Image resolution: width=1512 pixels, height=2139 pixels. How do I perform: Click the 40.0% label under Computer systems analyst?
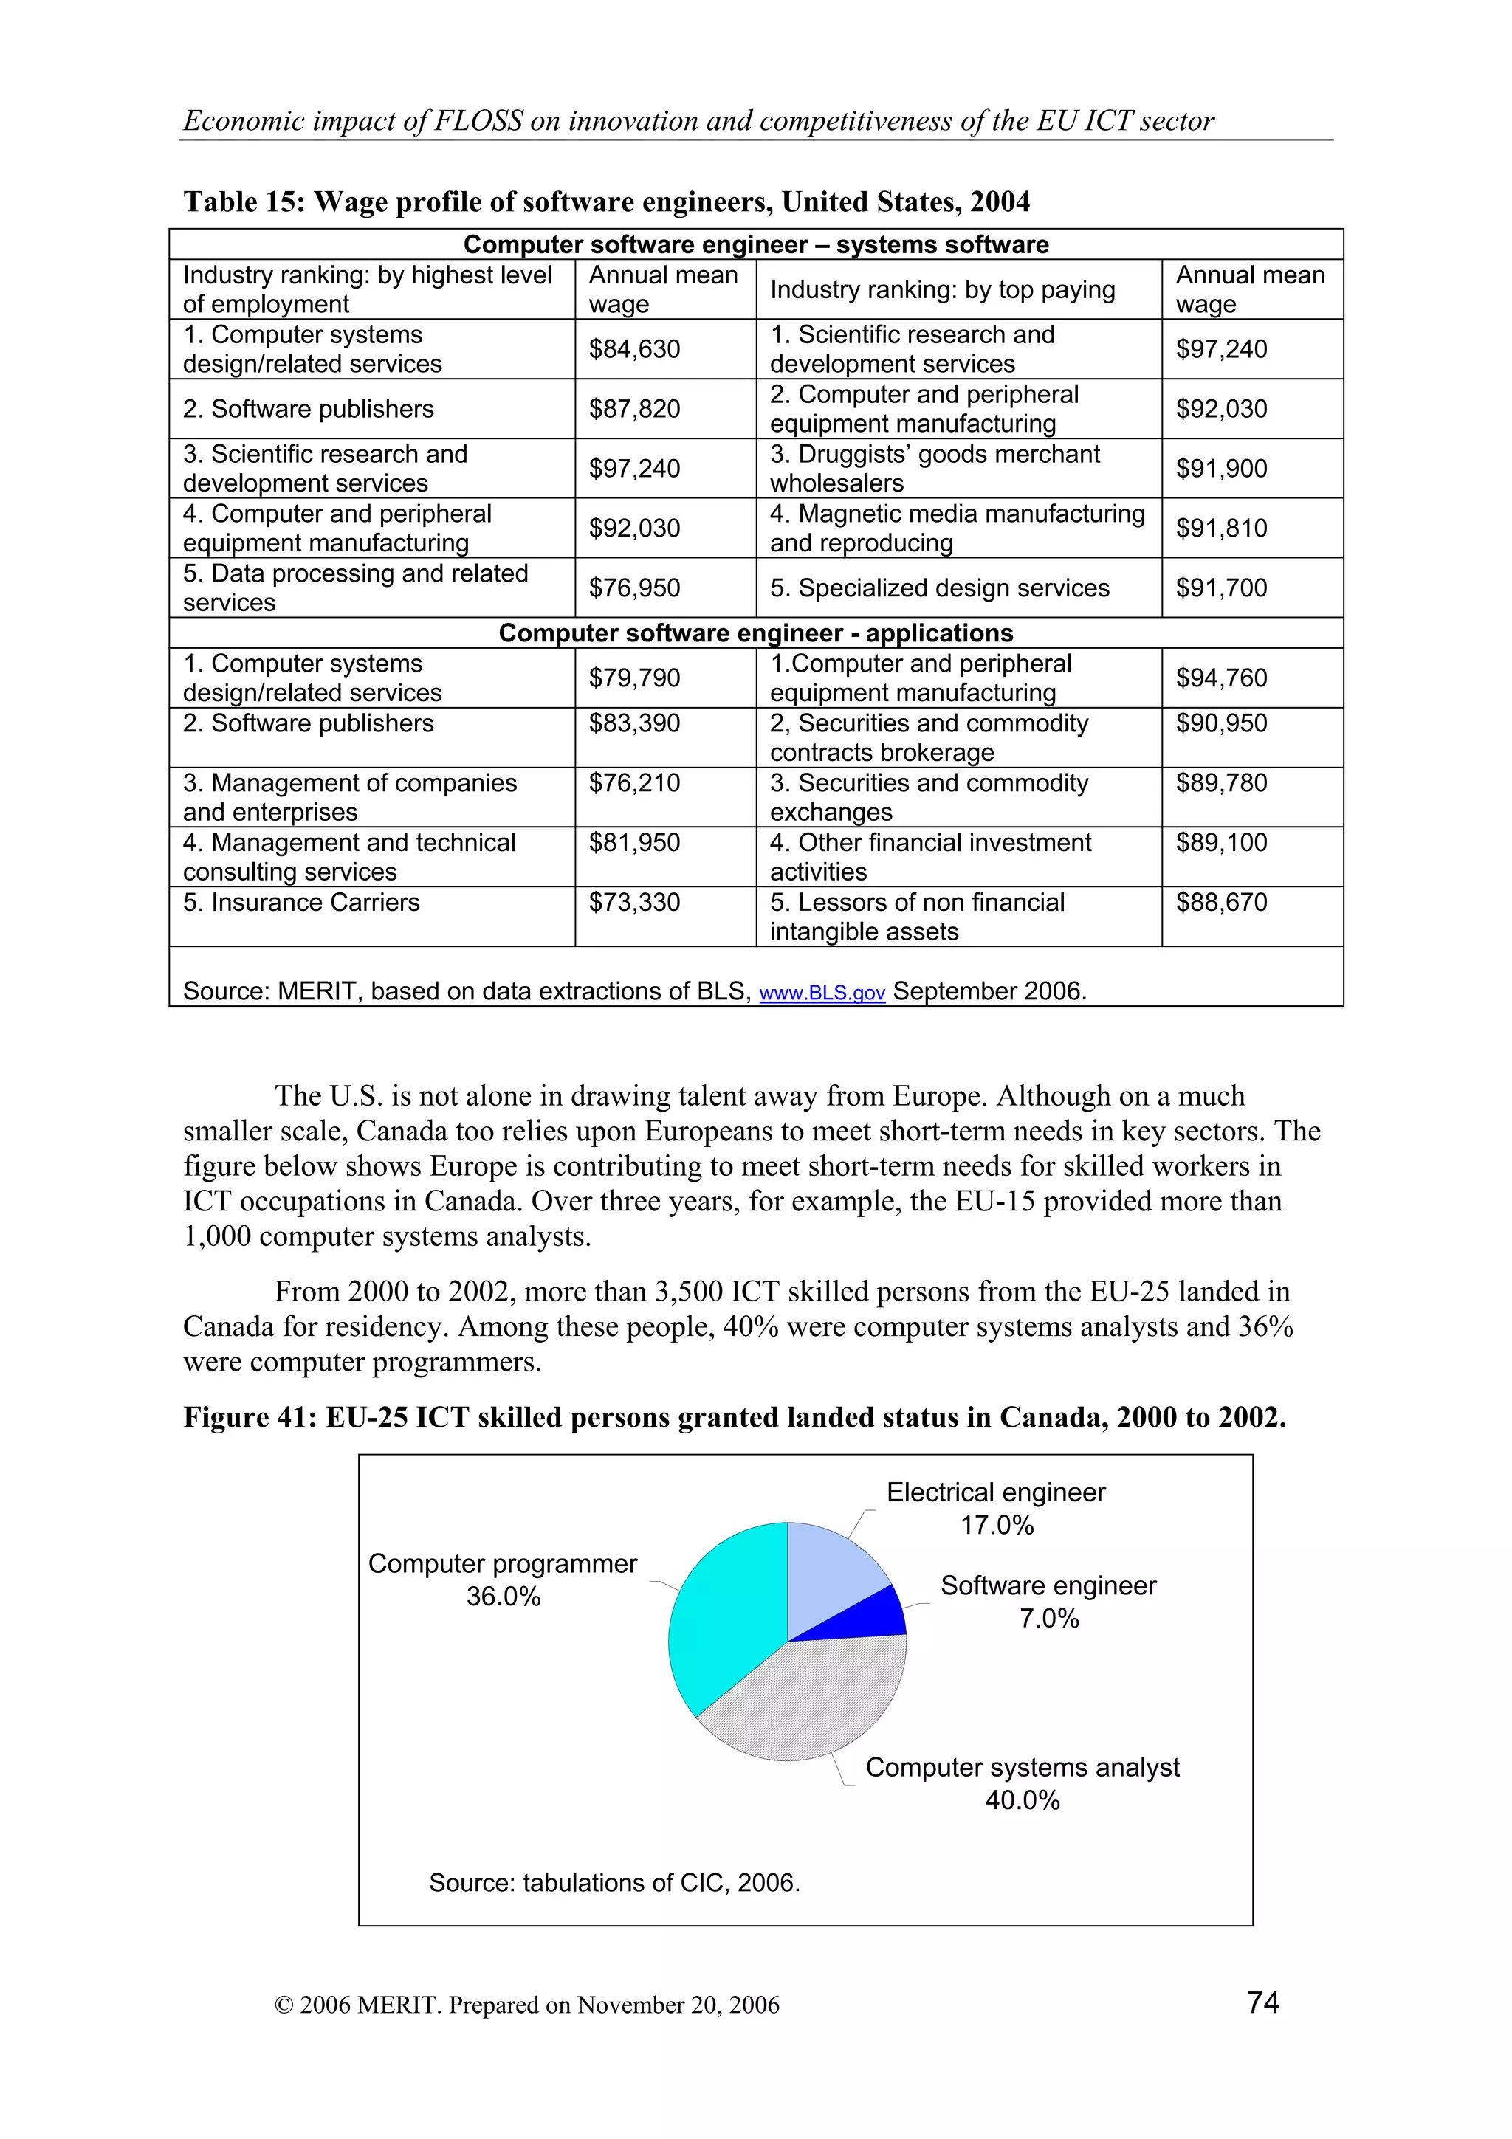tap(1022, 1800)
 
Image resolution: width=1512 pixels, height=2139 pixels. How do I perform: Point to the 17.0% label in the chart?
tap(997, 1525)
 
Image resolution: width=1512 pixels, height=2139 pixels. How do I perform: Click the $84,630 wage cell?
tap(634, 349)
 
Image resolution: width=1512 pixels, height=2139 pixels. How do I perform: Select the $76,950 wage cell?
tap(634, 588)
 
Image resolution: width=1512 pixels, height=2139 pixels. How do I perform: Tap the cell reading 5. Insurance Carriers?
tap(301, 903)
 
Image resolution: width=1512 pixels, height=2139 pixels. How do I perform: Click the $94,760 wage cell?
tap(1221, 678)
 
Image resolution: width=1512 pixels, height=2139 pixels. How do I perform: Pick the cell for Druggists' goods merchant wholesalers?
tap(935, 469)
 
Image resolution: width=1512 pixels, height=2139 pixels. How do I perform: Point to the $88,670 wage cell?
tap(1221, 903)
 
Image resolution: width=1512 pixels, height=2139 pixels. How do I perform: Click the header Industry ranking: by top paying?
tap(942, 290)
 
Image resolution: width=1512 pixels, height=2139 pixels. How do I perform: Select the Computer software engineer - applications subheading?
tap(755, 633)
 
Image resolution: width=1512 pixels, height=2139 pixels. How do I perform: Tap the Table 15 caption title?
tap(606, 202)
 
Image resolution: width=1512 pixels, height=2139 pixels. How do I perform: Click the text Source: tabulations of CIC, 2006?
tap(614, 1883)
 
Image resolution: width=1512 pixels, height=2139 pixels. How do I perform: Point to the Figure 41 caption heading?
tap(734, 1417)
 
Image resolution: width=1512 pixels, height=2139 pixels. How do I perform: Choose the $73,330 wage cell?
tap(634, 903)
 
